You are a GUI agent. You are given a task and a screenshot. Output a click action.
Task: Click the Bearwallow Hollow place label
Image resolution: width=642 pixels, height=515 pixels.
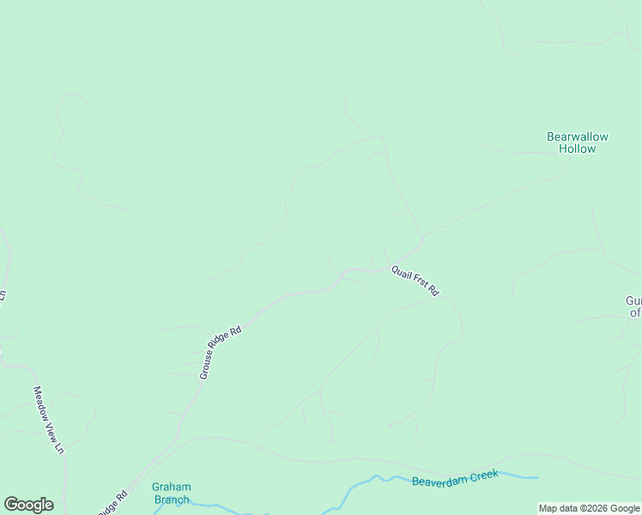click(x=577, y=142)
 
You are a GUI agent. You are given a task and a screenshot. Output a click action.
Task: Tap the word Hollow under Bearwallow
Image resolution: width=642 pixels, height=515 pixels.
click(x=577, y=148)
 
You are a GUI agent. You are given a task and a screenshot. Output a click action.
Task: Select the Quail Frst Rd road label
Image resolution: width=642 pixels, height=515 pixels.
click(x=415, y=280)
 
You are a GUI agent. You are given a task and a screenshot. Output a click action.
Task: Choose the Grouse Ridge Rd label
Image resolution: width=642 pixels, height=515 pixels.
click(x=221, y=353)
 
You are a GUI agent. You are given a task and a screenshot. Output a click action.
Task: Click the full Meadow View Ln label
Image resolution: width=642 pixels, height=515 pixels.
click(x=49, y=419)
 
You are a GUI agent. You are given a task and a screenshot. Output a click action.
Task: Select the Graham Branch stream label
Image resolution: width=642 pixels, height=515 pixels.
click(x=172, y=493)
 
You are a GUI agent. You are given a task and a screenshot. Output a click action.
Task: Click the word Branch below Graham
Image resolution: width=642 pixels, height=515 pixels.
click(x=172, y=500)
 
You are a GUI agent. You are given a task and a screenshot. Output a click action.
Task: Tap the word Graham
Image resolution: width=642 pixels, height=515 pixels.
click(x=172, y=487)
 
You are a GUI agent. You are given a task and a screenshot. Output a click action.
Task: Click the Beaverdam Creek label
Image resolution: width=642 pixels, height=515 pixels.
click(x=455, y=477)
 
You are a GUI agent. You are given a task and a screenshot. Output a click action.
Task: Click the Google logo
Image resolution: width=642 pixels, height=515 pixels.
click(x=28, y=505)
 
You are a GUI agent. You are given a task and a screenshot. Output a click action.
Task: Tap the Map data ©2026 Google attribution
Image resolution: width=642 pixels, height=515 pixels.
click(x=589, y=508)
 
